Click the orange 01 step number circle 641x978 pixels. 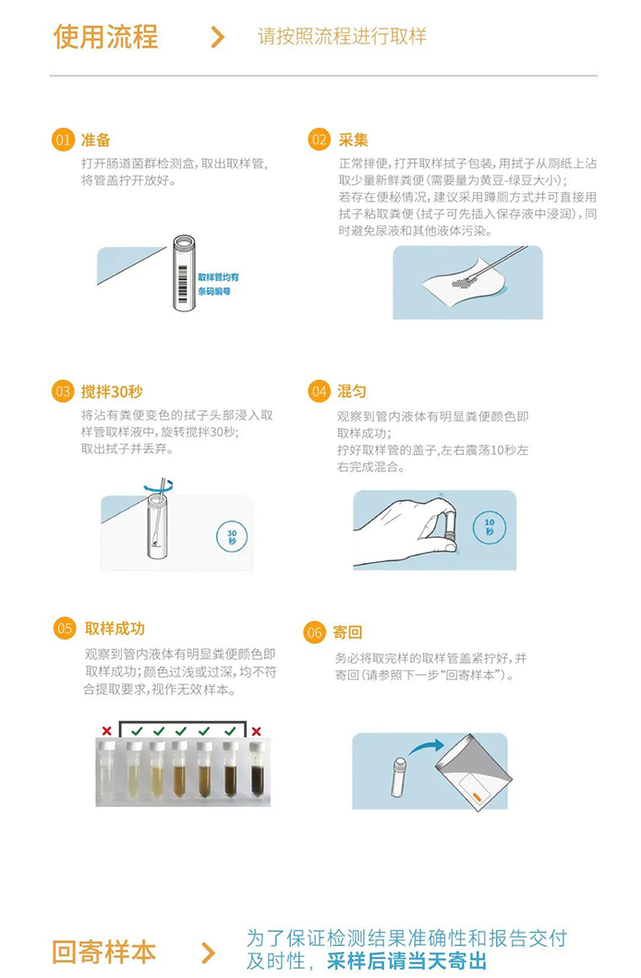[x=63, y=140]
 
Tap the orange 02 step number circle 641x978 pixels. [x=320, y=139]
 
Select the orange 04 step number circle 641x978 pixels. [x=320, y=391]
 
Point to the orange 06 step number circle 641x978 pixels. [x=315, y=632]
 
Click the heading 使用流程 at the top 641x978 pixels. [x=105, y=36]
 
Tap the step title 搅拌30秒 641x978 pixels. [x=112, y=392]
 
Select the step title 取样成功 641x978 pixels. [x=115, y=628]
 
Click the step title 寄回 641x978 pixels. [x=347, y=632]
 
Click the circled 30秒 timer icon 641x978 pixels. [x=232, y=536]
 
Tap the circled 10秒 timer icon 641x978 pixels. [x=490, y=527]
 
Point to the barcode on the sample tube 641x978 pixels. [x=183, y=284]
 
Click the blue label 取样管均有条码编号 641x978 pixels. [x=218, y=284]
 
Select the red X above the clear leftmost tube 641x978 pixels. [x=107, y=730]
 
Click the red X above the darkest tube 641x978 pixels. [x=256, y=731]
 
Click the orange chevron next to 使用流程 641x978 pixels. [x=217, y=37]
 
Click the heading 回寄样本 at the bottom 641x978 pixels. [x=104, y=952]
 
